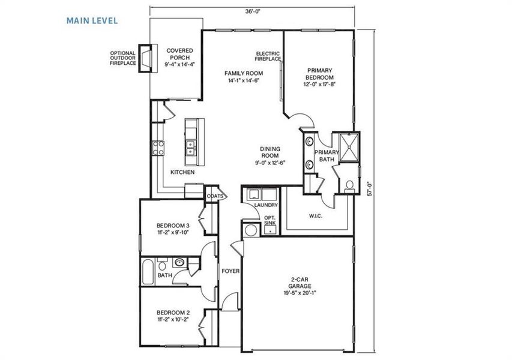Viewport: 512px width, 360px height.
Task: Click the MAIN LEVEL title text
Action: click(x=92, y=20)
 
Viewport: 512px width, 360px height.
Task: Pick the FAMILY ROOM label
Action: click(x=243, y=76)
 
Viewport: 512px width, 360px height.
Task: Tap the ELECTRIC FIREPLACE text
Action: click(x=268, y=56)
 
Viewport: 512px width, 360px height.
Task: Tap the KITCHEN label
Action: click(x=182, y=172)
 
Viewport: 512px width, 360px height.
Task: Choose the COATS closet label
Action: click(x=215, y=196)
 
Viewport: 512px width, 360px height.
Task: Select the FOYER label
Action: click(x=230, y=271)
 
